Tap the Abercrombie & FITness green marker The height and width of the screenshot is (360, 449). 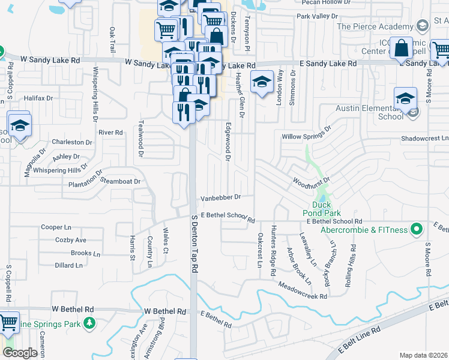tap(415, 229)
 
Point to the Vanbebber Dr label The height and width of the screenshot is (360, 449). tap(220, 197)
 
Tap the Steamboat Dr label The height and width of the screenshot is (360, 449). tap(120, 181)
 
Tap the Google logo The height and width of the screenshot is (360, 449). tap(20, 353)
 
